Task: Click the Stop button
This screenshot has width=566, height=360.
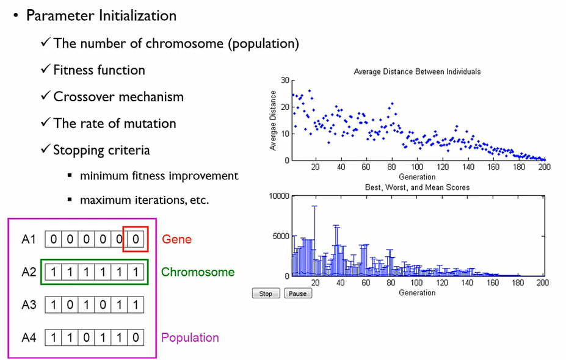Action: (x=266, y=293)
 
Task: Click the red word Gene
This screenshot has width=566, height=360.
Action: (x=176, y=239)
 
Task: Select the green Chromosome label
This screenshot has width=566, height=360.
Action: (x=198, y=272)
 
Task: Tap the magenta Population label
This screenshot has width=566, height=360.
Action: (x=190, y=337)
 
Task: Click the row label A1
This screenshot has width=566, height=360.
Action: (x=29, y=239)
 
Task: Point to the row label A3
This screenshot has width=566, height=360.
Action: (x=29, y=304)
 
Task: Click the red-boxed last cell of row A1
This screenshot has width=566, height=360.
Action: (x=136, y=239)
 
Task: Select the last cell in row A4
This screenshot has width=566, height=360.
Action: (x=136, y=337)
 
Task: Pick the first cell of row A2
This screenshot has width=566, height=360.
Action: (x=54, y=272)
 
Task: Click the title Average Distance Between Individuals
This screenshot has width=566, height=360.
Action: (x=417, y=71)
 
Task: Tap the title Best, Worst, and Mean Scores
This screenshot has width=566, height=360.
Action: (x=417, y=187)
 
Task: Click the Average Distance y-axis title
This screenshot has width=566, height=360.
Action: (x=274, y=120)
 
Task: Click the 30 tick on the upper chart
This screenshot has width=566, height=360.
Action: (x=285, y=81)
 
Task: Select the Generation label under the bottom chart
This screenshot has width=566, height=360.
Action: (x=417, y=293)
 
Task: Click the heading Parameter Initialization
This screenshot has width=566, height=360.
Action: (x=101, y=16)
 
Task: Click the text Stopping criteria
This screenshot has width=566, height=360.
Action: (x=101, y=150)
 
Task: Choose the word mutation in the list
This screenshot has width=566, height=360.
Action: (x=148, y=123)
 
